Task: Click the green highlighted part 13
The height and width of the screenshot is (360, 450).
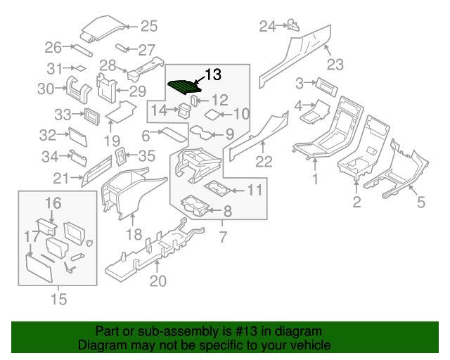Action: point(186,87)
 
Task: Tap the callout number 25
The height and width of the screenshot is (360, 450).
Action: point(148,27)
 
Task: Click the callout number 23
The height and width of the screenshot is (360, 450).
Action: point(335,65)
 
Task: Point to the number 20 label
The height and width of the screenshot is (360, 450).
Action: point(158,282)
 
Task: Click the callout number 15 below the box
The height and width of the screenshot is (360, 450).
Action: point(59,300)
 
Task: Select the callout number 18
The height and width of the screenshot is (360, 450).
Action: point(134,234)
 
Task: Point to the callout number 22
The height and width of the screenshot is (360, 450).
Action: point(263,162)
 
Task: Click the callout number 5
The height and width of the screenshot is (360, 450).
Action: point(421,204)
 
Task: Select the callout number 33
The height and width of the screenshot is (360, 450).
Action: point(63,115)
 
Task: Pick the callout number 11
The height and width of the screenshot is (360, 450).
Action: point(255,190)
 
